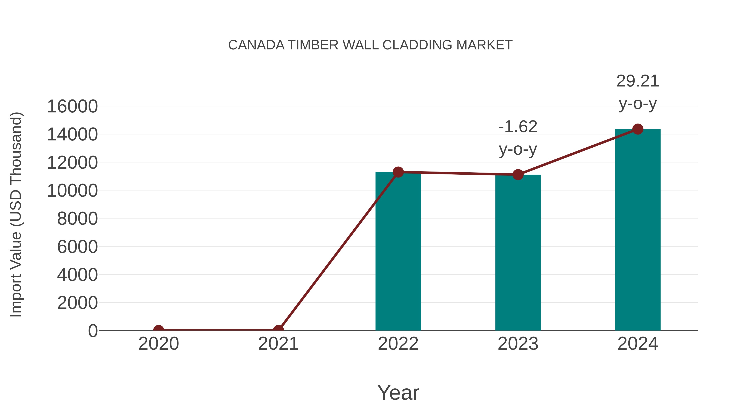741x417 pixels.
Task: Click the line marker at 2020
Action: pyautogui.click(x=158, y=330)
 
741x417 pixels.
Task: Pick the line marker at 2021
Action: pyautogui.click(x=278, y=330)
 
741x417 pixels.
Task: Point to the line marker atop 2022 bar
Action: pyautogui.click(x=398, y=172)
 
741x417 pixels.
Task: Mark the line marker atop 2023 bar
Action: pyautogui.click(x=518, y=174)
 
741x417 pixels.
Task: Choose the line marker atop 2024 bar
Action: pyautogui.click(x=638, y=129)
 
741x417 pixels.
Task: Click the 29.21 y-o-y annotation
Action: pyautogui.click(x=638, y=92)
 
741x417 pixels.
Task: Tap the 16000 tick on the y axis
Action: pyautogui.click(x=72, y=106)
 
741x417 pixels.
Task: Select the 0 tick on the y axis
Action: pyautogui.click(x=93, y=331)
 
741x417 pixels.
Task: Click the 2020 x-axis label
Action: pyautogui.click(x=158, y=344)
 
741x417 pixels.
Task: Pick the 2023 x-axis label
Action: pyautogui.click(x=518, y=344)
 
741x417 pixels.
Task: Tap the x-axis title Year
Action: pyautogui.click(x=398, y=392)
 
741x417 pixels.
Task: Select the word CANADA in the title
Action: pyautogui.click(x=256, y=45)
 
